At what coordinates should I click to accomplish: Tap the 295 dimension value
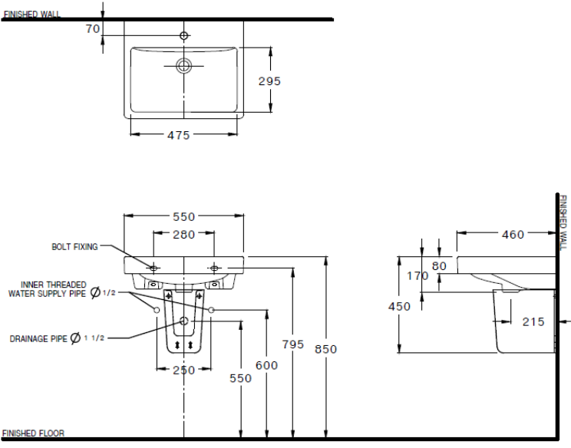(269, 81)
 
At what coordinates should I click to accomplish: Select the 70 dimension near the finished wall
(93, 28)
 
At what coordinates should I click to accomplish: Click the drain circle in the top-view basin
(183, 65)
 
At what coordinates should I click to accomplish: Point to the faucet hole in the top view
(183, 35)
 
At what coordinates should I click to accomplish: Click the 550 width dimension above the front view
(183, 216)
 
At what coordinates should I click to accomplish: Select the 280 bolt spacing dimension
(183, 235)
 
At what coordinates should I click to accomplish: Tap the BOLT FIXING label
(74, 247)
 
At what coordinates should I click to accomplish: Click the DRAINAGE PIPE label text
(38, 338)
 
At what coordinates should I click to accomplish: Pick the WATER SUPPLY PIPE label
(47, 293)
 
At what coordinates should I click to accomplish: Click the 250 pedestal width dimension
(183, 370)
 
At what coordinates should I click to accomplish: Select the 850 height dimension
(325, 349)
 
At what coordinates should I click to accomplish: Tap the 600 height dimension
(266, 366)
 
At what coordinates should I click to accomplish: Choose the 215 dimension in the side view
(533, 321)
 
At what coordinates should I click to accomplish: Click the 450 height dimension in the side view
(400, 306)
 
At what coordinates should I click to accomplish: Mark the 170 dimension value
(419, 276)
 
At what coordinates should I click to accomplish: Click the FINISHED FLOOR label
(34, 433)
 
